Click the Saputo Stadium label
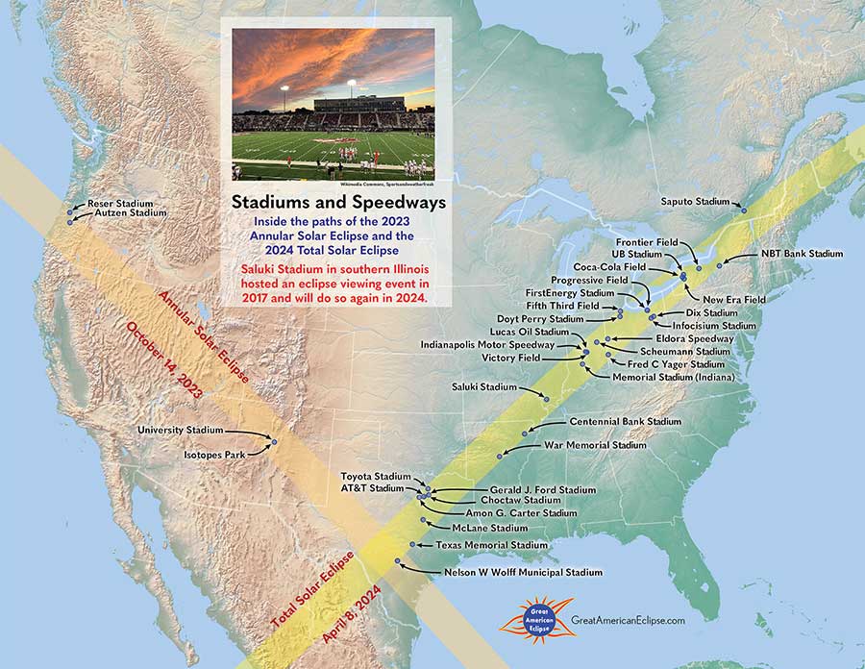coord(695,202)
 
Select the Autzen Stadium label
coord(123,213)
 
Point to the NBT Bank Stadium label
coord(802,254)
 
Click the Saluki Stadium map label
coord(484,386)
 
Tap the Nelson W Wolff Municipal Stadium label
coord(523,572)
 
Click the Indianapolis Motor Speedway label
coord(487,344)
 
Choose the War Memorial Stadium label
coord(595,446)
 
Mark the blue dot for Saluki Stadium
coord(547,397)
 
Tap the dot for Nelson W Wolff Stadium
coord(397,561)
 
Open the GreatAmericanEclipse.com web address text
coord(628,622)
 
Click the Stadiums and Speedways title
coord(337,203)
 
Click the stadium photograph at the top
coord(333,104)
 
